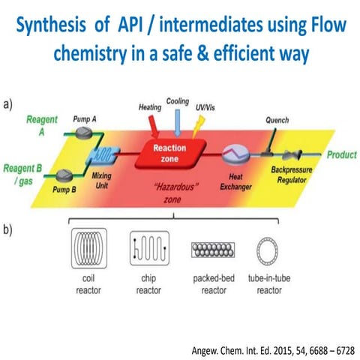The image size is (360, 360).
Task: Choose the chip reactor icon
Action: click(x=146, y=253)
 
